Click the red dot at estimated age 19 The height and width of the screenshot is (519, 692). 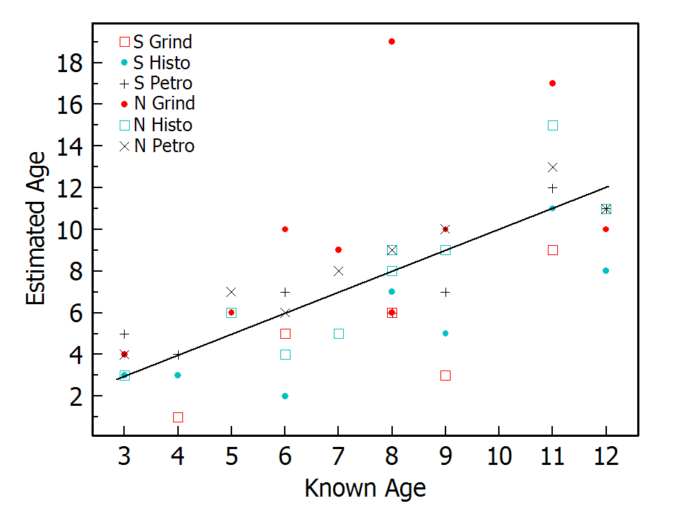pyautogui.click(x=391, y=41)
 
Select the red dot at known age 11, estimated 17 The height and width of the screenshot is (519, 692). pyautogui.click(x=552, y=83)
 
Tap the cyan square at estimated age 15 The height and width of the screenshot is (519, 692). pyautogui.click(x=552, y=125)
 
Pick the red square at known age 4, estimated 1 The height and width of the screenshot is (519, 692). pyautogui.click(x=177, y=417)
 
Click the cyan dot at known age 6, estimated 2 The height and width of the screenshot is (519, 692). pyautogui.click(x=285, y=396)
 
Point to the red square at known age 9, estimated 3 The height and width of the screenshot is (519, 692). pyautogui.click(x=445, y=375)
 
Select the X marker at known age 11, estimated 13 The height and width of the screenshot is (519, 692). pyautogui.click(x=552, y=167)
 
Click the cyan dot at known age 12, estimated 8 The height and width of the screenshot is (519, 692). pyautogui.click(x=605, y=270)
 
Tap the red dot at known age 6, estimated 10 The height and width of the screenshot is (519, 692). pyautogui.click(x=285, y=229)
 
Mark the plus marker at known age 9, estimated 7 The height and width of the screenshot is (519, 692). pyautogui.click(x=445, y=292)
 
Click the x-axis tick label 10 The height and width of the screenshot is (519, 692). pyautogui.click(x=499, y=456)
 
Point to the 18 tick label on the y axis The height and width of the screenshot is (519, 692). pyautogui.click(x=71, y=63)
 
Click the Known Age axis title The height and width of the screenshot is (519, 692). pyautogui.click(x=365, y=489)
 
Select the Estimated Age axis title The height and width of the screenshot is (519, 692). pyautogui.click(x=35, y=229)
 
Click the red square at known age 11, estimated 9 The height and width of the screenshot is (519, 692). pyautogui.click(x=552, y=250)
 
